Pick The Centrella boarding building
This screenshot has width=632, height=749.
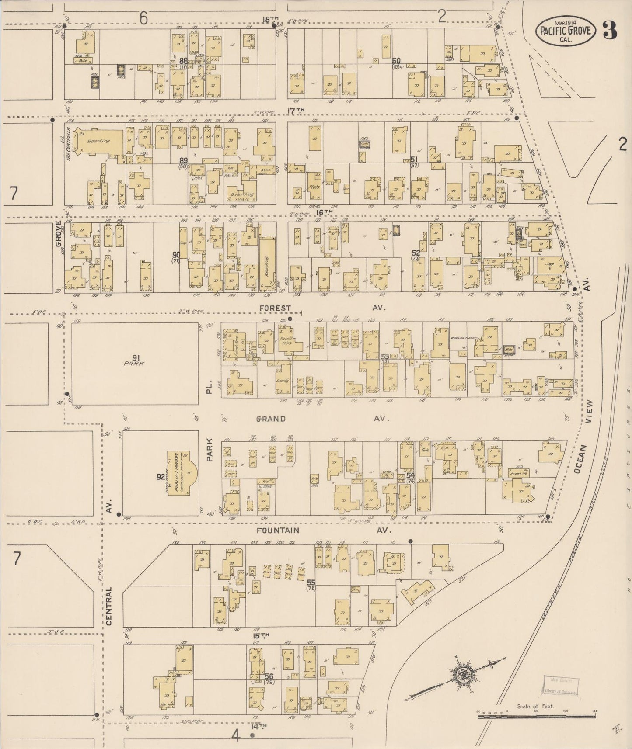coord(94,142)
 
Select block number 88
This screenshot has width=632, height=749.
coord(183,61)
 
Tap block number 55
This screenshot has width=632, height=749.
coord(311,583)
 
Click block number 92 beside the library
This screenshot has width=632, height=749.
coord(161,477)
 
